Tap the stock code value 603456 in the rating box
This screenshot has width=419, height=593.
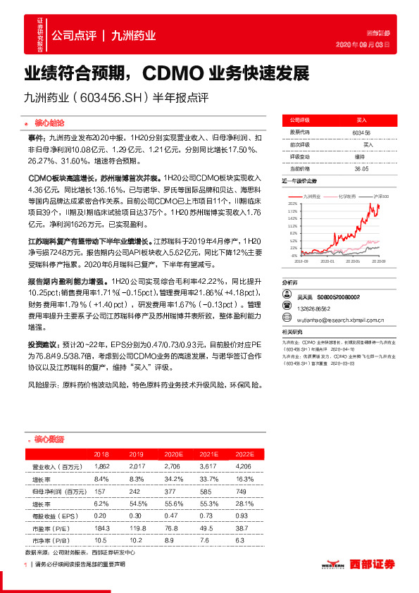[x=361, y=132]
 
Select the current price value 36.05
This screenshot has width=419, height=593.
[x=361, y=168]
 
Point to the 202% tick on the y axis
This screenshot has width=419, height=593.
[x=292, y=203]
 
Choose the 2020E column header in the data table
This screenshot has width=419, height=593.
[x=173, y=454]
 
